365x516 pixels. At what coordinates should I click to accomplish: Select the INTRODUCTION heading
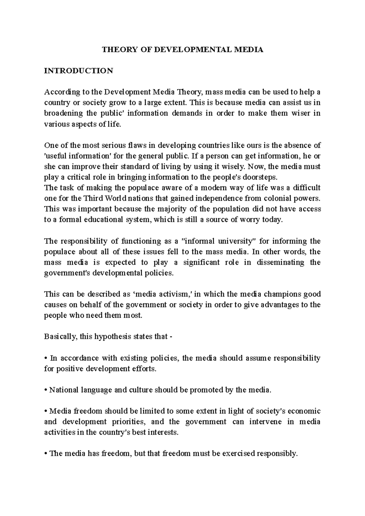click(x=78, y=71)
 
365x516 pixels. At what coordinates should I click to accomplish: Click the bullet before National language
click(x=46, y=390)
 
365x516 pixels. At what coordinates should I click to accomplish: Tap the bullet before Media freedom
click(x=46, y=411)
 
